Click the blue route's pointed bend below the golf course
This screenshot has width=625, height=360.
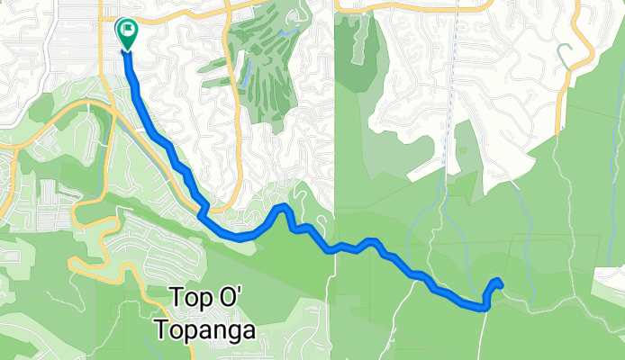tap(285, 208)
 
